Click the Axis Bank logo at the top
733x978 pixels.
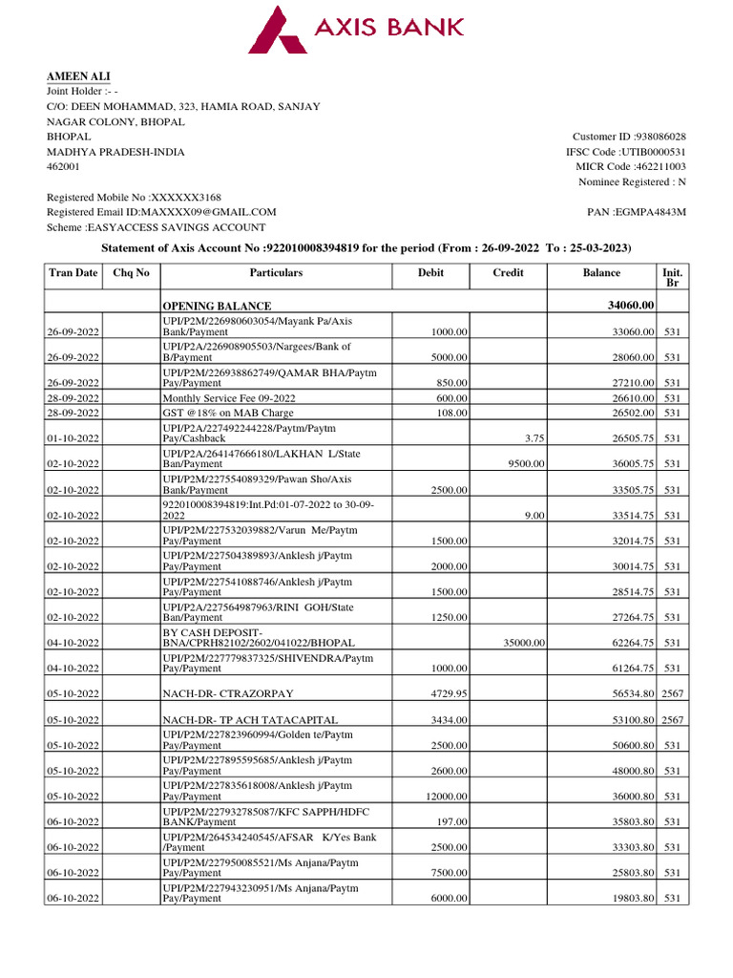coord(356,28)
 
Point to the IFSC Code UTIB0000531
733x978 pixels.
coord(653,152)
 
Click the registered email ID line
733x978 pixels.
coord(161,212)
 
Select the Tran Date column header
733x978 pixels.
coord(73,273)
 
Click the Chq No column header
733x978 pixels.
coord(131,273)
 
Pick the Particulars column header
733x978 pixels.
coord(276,273)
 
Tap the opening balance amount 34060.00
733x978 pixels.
coord(630,306)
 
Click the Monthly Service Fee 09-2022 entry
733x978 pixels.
coord(229,398)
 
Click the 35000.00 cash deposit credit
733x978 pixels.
coord(524,643)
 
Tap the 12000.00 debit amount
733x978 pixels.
coord(445,796)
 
